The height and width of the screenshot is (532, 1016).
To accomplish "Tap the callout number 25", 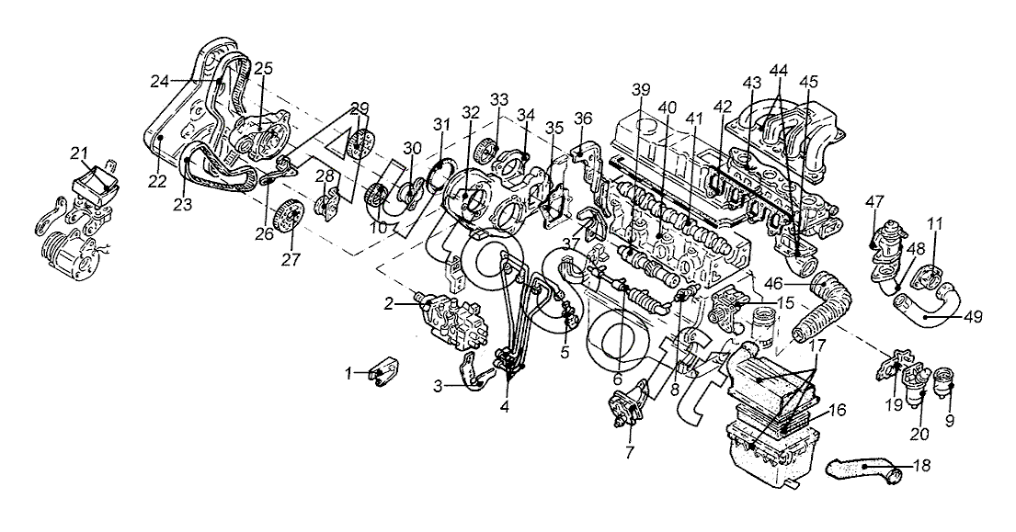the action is coord(263,67).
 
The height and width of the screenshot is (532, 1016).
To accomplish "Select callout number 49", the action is coord(973,317).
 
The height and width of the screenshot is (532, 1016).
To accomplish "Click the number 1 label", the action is coord(348,373).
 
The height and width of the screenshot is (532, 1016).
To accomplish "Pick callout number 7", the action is coord(629,450).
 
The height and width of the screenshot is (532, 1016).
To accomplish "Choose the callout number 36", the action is coord(583,119).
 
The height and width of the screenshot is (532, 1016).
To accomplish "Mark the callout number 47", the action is coord(875,201).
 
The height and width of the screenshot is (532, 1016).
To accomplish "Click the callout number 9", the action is coord(950,422).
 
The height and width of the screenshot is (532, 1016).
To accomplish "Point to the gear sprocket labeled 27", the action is coord(289,218).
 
